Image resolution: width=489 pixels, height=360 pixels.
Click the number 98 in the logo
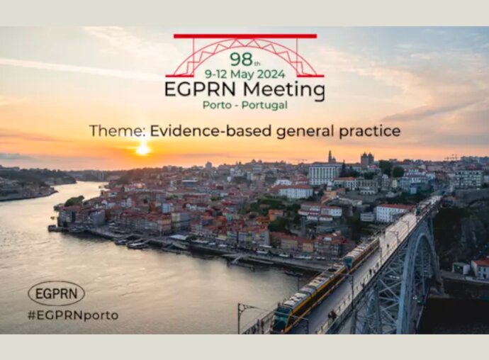pyautogui.click(x=242, y=59)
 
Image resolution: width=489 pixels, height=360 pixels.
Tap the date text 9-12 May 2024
pyautogui.click(x=244, y=74)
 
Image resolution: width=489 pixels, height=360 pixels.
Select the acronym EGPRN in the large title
pyautogui.click(x=202, y=89)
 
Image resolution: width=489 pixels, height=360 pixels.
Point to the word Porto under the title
pyautogui.click(x=217, y=105)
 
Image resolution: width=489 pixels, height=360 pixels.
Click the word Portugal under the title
pyautogui.click(x=264, y=105)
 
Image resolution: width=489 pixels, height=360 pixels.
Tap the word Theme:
pyautogui.click(x=117, y=130)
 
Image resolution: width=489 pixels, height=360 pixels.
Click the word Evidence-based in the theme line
pyautogui.click(x=211, y=130)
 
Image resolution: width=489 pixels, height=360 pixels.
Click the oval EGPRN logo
pyautogui.click(x=56, y=293)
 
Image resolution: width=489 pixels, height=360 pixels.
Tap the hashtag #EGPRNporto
pyautogui.click(x=73, y=315)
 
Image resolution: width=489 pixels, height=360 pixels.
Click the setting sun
pyautogui.click(x=143, y=150)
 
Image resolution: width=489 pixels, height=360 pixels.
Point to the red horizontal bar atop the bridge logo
pyautogui.click(x=245, y=36)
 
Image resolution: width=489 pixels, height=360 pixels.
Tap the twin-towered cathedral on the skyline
pyautogui.click(x=367, y=159)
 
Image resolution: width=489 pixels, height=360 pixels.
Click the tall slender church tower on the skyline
pyautogui.click(x=330, y=157)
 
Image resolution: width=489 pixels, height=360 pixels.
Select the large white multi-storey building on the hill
pyautogui.click(x=325, y=175)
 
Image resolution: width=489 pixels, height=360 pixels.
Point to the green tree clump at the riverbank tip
pyautogui.click(x=74, y=201)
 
